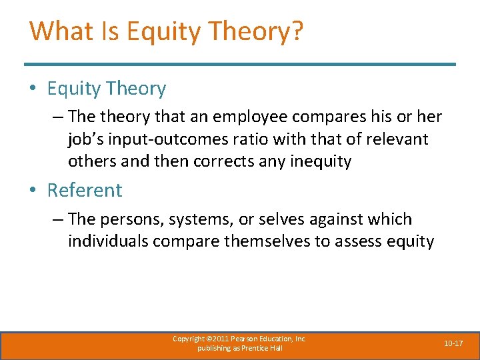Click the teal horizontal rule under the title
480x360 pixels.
[x=240, y=65]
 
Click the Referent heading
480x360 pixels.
[x=85, y=190]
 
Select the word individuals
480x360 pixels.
[x=108, y=241]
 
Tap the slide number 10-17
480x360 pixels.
[x=453, y=343]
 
